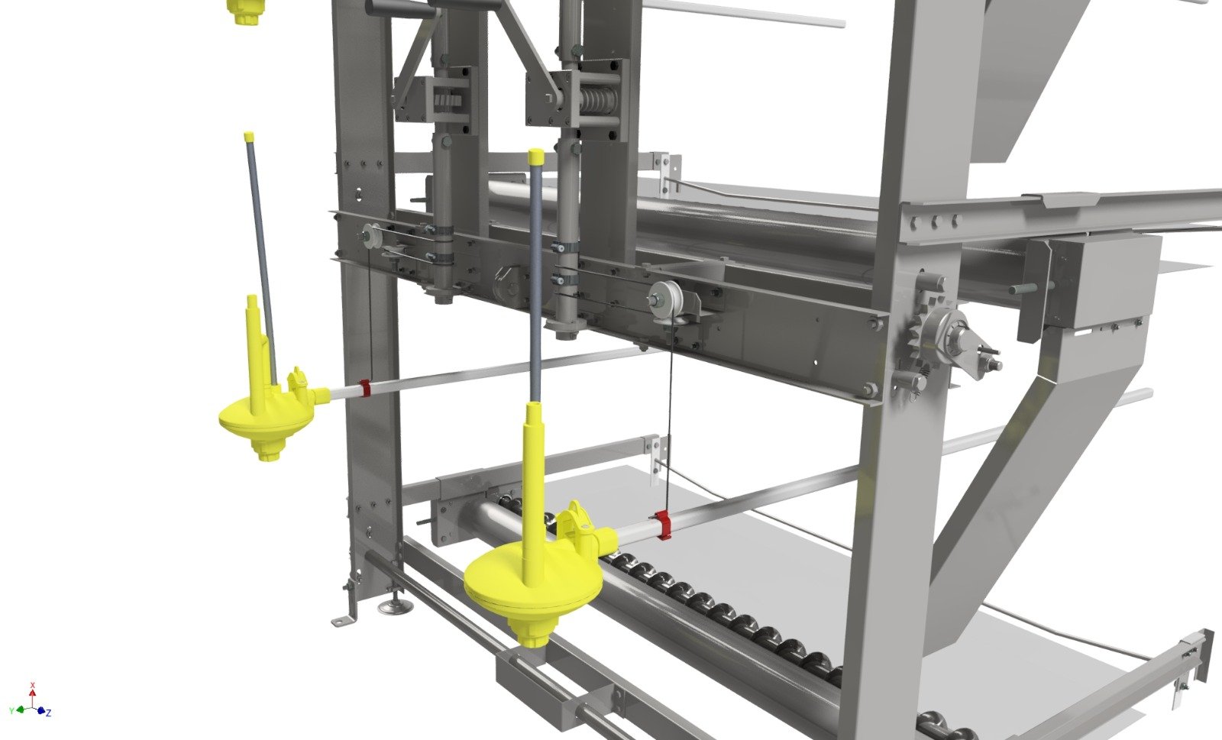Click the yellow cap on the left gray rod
point(249,136)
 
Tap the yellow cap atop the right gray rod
point(536,156)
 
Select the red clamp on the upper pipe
point(365,388)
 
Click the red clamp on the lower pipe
point(663,525)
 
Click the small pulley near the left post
point(372,236)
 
